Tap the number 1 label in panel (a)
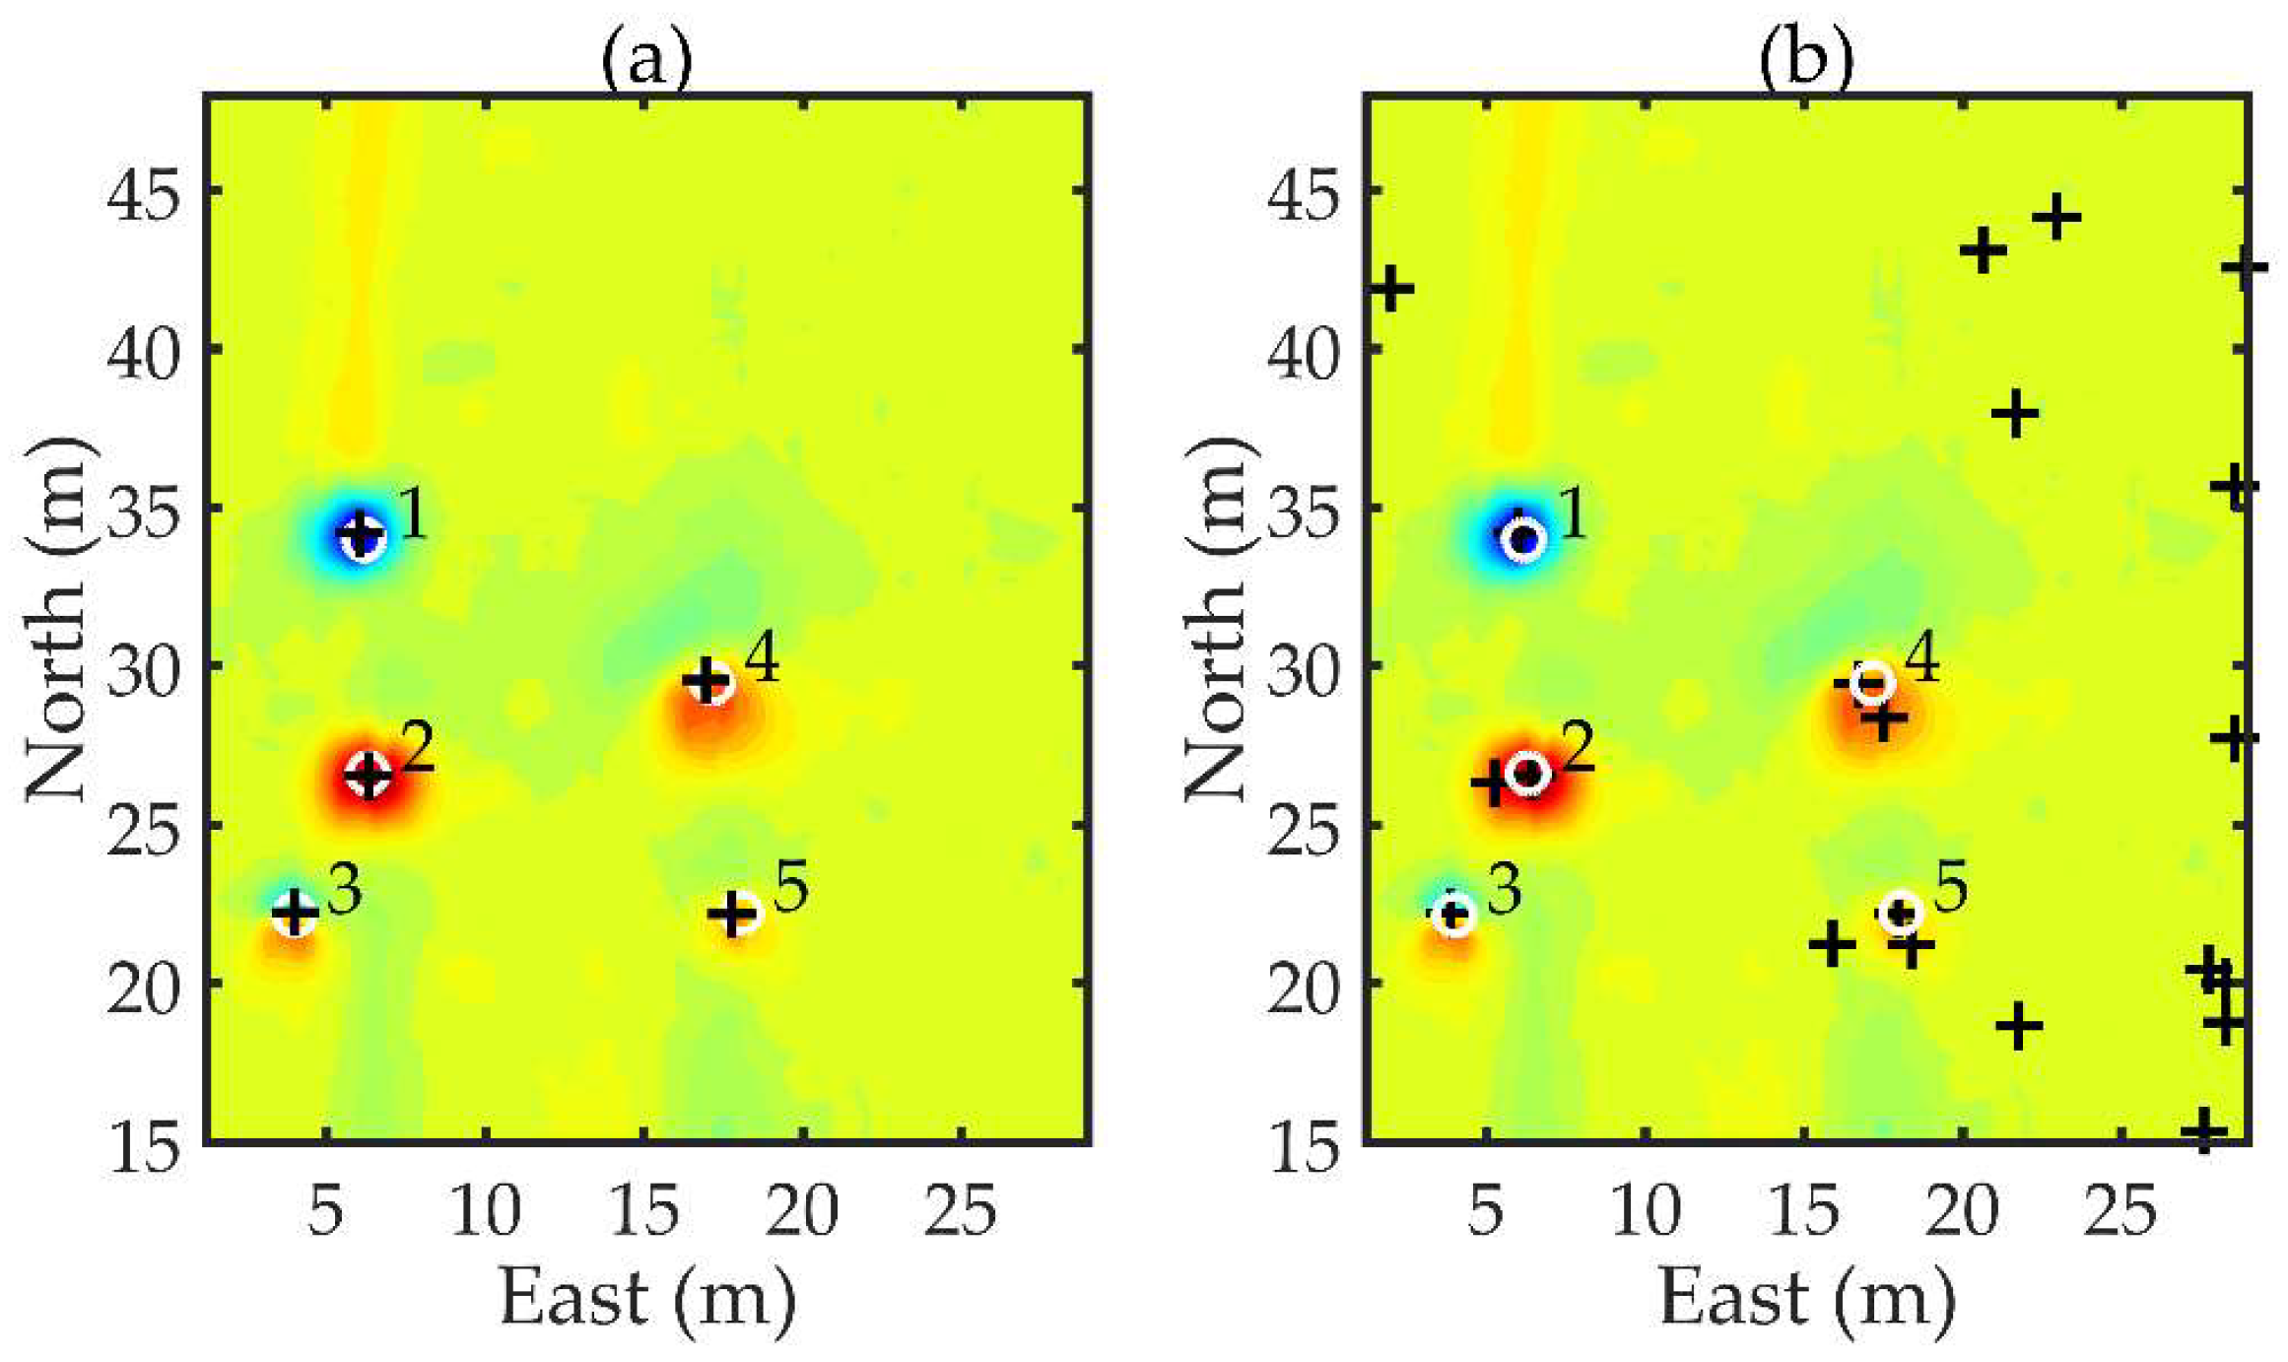(x=412, y=514)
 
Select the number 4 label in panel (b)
(x=1922, y=658)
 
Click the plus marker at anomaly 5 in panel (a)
(x=732, y=914)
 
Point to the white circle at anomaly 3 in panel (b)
(x=1453, y=915)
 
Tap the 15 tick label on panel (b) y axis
(x=1303, y=1149)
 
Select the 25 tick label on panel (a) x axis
(x=961, y=1210)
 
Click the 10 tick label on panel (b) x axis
(x=1645, y=1210)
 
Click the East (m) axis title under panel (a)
(x=645, y=1299)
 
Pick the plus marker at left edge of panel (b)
(x=1390, y=289)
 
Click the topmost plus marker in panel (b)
(x=2056, y=217)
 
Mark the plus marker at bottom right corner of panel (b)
(x=2204, y=1130)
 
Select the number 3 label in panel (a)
(x=344, y=889)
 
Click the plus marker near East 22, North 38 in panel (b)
(x=2015, y=414)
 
